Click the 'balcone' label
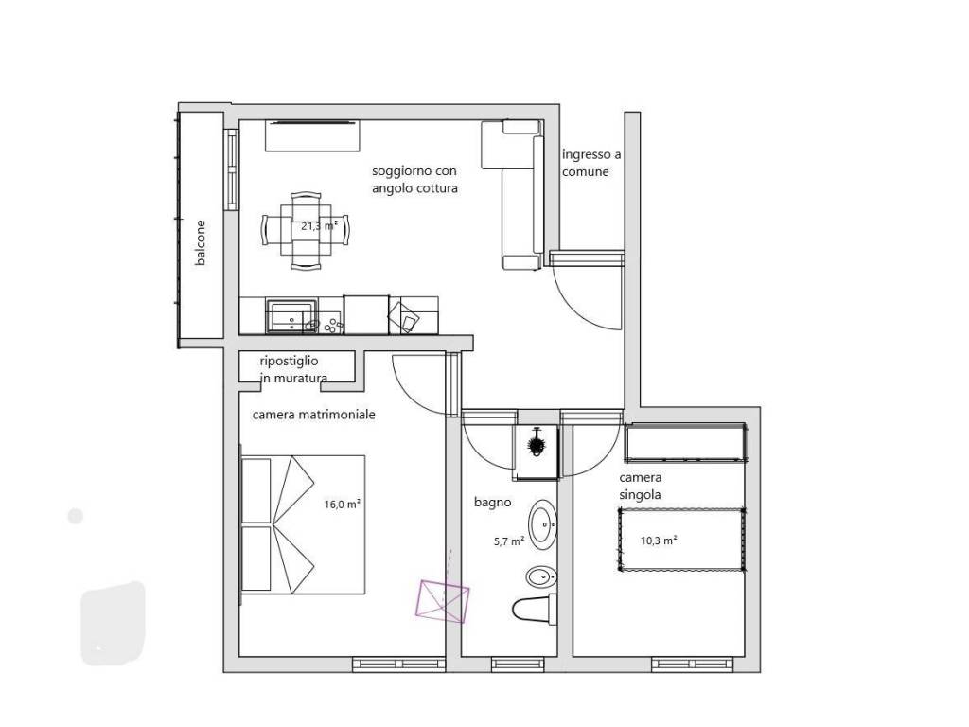point(201,243)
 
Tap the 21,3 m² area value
point(320,226)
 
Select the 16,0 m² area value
point(343,504)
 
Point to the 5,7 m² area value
point(509,541)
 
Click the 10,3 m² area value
point(659,541)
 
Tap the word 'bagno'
point(492,502)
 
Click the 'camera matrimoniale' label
point(314,415)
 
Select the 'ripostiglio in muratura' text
point(293,369)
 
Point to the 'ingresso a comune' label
point(591,163)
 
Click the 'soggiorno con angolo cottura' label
point(414,179)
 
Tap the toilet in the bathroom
point(535,609)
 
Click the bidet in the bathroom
point(541,578)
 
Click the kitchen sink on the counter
point(291,315)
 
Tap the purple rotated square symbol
point(443,601)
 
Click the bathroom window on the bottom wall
point(518,665)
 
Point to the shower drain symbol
point(536,444)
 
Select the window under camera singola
point(693,665)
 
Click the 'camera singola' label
point(641,486)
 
